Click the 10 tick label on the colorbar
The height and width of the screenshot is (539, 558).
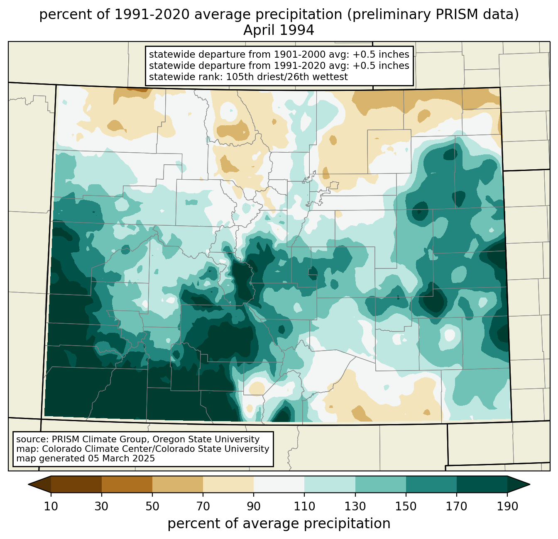click(x=51, y=506)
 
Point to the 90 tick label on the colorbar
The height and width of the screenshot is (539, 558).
click(x=254, y=506)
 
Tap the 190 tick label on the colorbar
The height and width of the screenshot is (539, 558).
click(x=507, y=506)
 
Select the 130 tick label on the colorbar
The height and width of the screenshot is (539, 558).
click(x=355, y=506)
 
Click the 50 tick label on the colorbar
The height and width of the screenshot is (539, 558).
click(x=152, y=506)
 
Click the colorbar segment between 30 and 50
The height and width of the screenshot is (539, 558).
click(x=127, y=484)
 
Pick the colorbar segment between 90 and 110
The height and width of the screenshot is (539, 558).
click(x=279, y=484)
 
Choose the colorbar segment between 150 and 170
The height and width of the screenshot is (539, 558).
click(x=431, y=484)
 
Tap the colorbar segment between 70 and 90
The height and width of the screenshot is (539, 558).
click(x=228, y=484)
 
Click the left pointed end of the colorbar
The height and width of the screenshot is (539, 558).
click(x=29, y=484)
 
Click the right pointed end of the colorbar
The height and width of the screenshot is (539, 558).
click(x=529, y=484)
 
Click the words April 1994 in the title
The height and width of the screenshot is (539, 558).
click(x=279, y=30)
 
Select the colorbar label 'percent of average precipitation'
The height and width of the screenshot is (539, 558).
click(x=279, y=524)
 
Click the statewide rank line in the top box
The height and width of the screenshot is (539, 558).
click(x=248, y=77)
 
